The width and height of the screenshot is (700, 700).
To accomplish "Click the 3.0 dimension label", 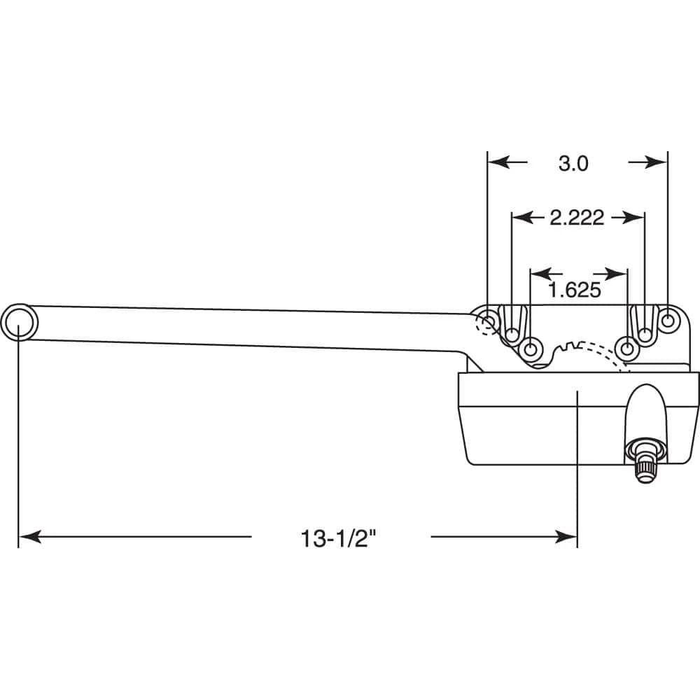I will (573, 163).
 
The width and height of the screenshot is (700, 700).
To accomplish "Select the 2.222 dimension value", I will (576, 218).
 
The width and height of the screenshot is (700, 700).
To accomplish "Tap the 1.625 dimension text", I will (574, 290).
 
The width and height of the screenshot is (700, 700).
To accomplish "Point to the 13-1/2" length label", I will (339, 538).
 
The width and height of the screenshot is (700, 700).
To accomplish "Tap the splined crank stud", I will (643, 461).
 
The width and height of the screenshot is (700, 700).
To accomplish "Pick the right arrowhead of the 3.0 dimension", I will (658, 162).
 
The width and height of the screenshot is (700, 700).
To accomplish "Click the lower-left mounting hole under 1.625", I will (532, 348).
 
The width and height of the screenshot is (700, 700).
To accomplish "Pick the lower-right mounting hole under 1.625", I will (628, 348).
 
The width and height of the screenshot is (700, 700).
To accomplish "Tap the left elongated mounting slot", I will (512, 323).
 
